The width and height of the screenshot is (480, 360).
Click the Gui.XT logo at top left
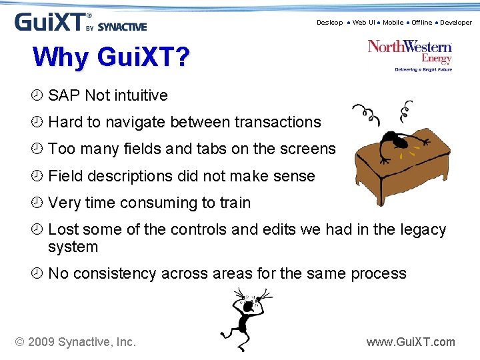pyautogui.click(x=80, y=22)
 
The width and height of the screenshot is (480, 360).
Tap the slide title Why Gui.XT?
pyautogui.click(x=111, y=57)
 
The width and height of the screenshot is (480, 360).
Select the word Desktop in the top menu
pyautogui.click(x=329, y=23)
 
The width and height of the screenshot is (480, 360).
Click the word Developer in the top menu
pyautogui.click(x=455, y=23)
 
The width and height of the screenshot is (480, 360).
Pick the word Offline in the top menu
pyautogui.click(x=421, y=23)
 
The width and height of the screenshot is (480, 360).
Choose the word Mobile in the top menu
pyautogui.click(x=393, y=23)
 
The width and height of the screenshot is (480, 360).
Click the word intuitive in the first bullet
pyautogui.click(x=141, y=96)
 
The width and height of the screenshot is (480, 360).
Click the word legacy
pyautogui.click(x=423, y=230)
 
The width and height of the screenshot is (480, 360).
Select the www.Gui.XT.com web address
pyautogui.click(x=411, y=342)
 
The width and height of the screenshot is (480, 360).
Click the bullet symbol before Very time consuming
pyautogui.click(x=37, y=203)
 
